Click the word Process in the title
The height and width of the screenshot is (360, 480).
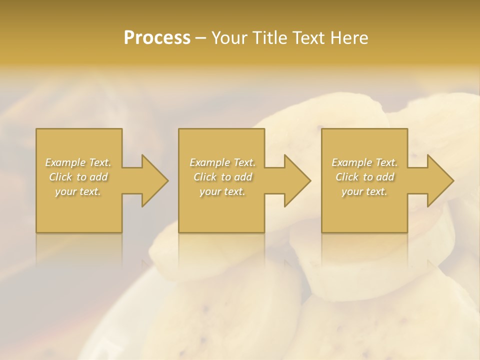click(x=157, y=38)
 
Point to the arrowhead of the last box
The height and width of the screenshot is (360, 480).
click(x=439, y=180)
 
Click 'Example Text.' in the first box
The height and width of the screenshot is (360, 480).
click(x=78, y=162)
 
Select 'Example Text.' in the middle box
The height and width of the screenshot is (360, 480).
click(x=222, y=162)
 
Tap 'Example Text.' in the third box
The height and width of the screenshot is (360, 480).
click(x=364, y=162)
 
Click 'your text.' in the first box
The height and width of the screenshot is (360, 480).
click(x=78, y=191)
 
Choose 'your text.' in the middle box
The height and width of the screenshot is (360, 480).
click(x=222, y=191)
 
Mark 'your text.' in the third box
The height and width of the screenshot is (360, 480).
click(x=364, y=191)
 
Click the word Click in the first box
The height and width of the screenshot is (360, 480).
click(x=61, y=177)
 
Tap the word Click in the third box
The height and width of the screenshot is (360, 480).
click(x=347, y=177)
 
